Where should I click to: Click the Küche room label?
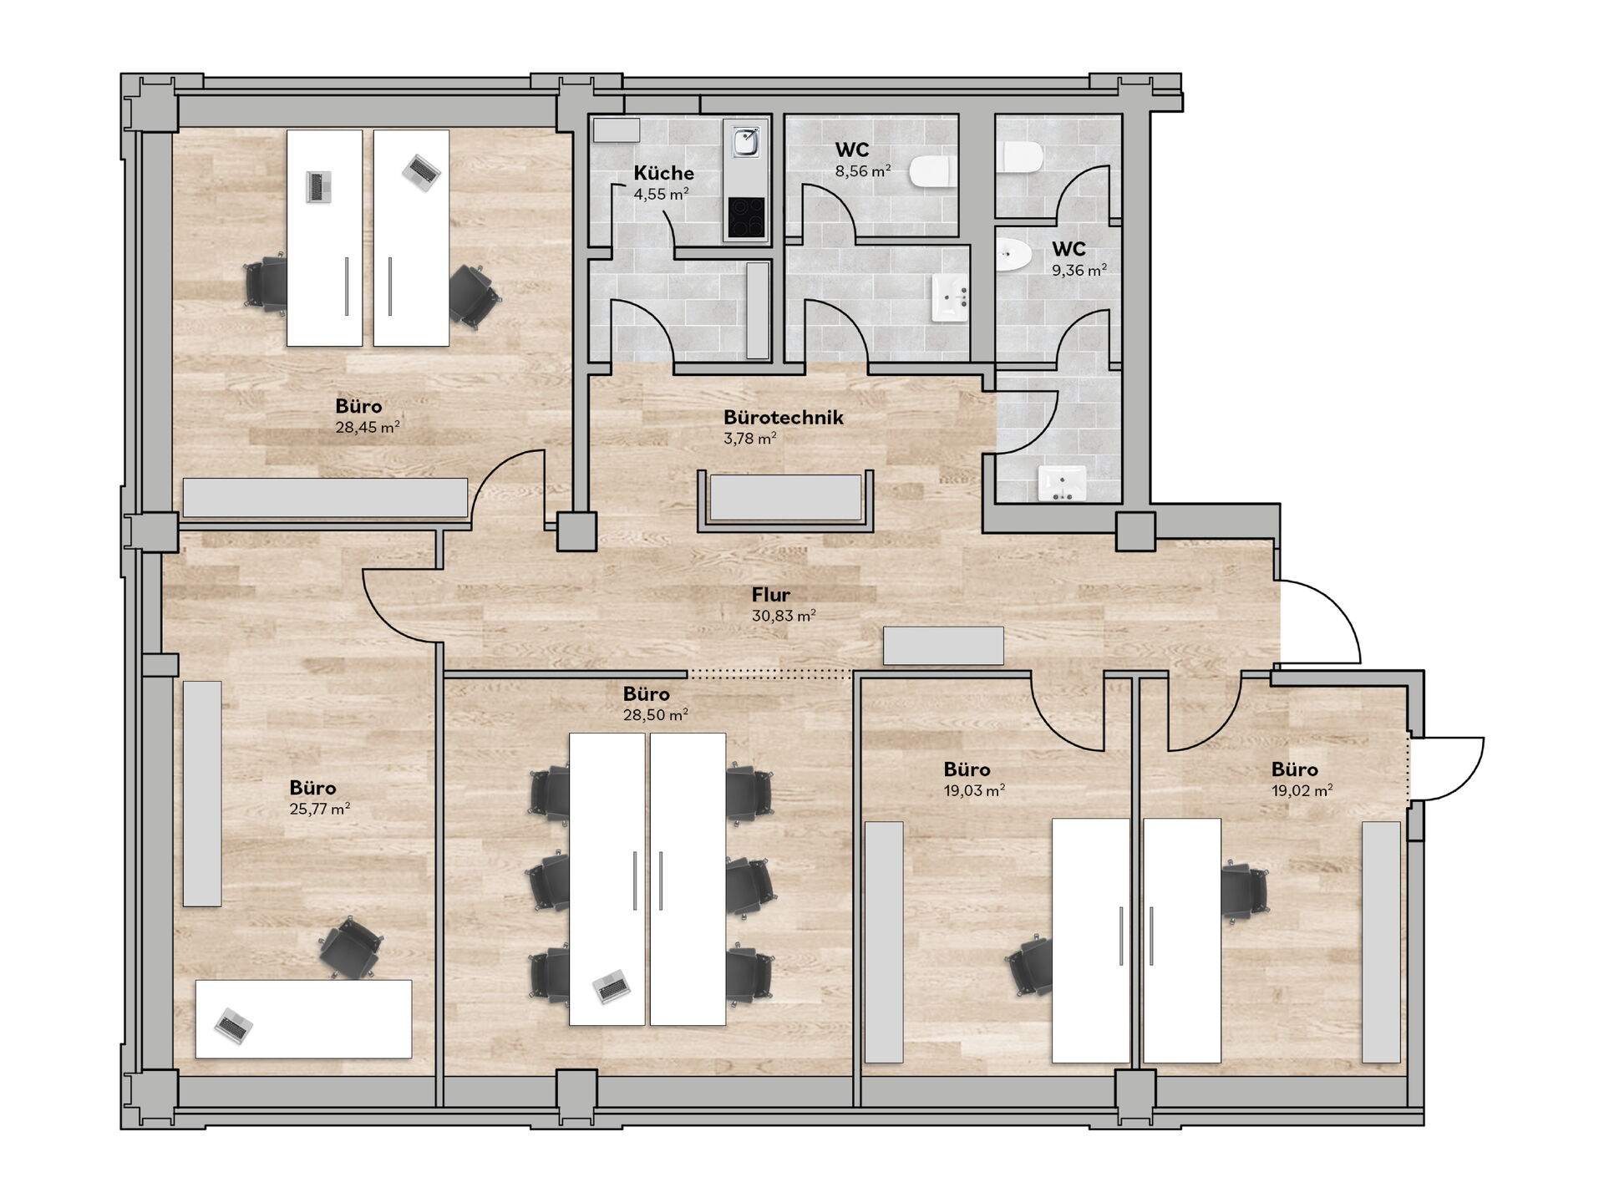(x=663, y=173)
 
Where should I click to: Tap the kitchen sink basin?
(x=745, y=141)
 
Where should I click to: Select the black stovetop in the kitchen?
(x=745, y=217)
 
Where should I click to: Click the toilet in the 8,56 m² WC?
(x=932, y=171)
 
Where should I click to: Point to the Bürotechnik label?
(x=784, y=417)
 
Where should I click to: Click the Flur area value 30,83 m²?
(x=784, y=616)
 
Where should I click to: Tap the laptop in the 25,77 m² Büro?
(x=233, y=1025)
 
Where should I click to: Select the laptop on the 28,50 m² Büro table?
(x=612, y=987)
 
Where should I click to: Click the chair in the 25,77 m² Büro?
(x=350, y=947)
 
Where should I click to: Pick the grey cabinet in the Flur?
(x=943, y=646)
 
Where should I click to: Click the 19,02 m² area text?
(x=1302, y=790)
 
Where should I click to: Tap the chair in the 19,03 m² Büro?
(x=1029, y=967)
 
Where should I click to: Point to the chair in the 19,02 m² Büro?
(x=1244, y=892)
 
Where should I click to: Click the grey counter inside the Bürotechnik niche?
(x=785, y=498)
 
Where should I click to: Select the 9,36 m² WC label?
(x=1068, y=249)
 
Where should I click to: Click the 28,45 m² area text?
(x=368, y=428)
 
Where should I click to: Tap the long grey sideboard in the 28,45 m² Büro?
(x=325, y=497)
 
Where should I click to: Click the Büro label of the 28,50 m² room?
(x=646, y=694)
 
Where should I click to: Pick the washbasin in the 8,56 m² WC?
(x=950, y=298)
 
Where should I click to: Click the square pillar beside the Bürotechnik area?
(x=577, y=531)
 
